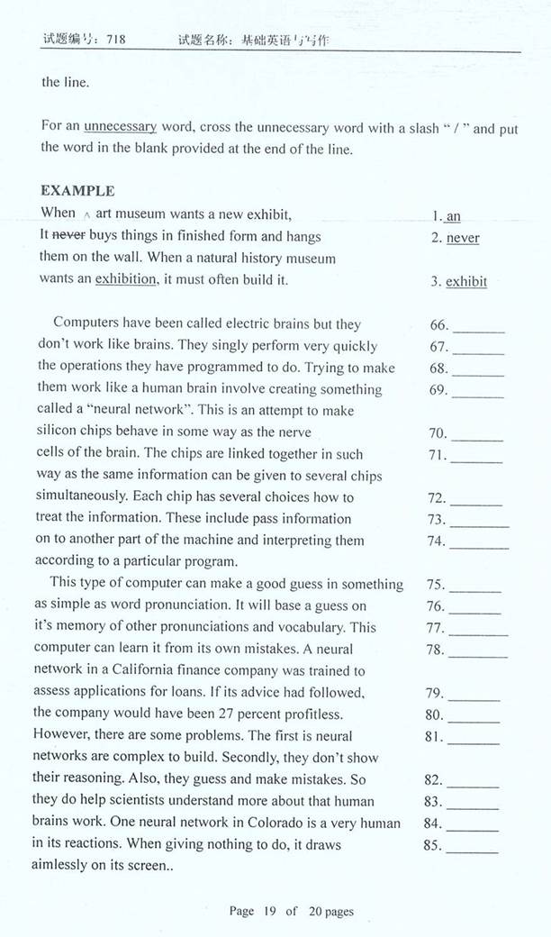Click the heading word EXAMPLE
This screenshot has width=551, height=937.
coord(77,191)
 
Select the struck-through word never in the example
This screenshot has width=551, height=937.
coord(69,236)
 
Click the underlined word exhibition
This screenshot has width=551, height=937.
coord(125,279)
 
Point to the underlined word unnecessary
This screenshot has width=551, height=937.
coord(120,127)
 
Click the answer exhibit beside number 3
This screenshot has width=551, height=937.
coord(466,281)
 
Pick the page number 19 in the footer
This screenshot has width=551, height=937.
coord(268,912)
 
